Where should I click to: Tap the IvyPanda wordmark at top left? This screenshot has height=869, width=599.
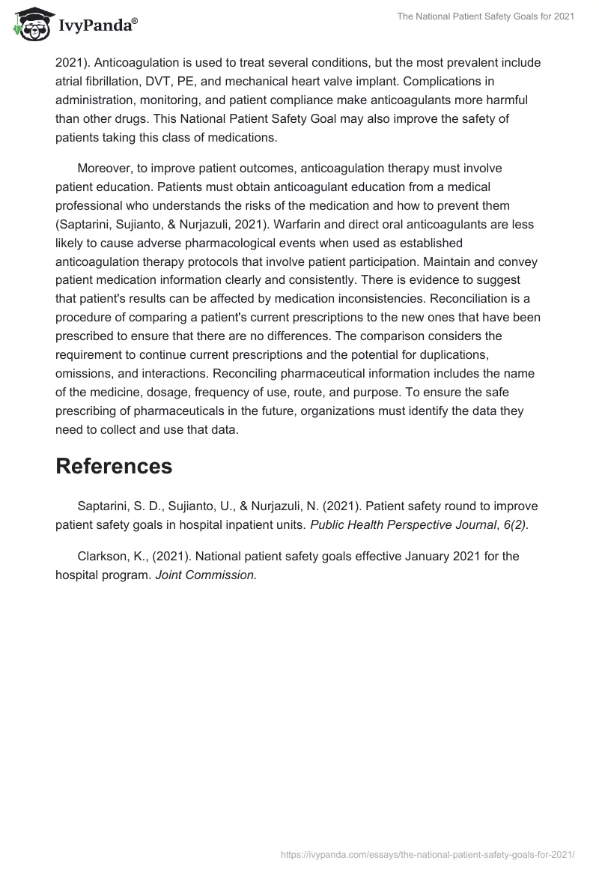tap(97, 25)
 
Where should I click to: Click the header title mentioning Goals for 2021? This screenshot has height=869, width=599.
tap(486, 17)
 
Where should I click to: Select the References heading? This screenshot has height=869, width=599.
tap(114, 466)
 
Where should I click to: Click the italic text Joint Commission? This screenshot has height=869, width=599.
tap(206, 575)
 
